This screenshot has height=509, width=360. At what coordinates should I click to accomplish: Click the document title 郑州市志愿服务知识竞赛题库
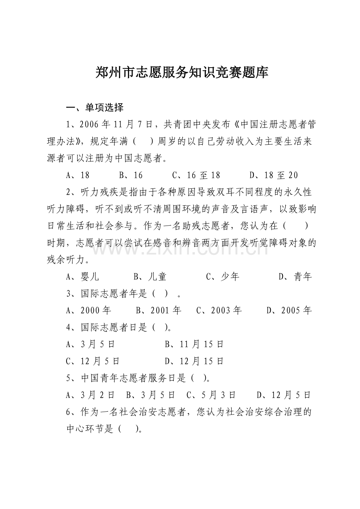click(x=182, y=73)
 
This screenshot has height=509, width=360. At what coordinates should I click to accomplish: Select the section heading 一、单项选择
click(x=95, y=107)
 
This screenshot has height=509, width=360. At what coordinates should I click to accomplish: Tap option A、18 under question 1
click(x=78, y=176)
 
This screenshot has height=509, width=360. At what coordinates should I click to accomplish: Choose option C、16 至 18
click(x=196, y=176)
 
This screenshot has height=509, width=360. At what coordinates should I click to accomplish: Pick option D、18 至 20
click(x=274, y=176)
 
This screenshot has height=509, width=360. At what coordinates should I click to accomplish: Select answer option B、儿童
click(x=150, y=277)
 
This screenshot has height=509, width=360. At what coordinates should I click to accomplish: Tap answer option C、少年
click(x=222, y=277)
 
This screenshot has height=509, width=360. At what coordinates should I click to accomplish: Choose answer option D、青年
click(x=295, y=277)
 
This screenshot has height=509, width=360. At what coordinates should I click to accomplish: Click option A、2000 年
click(x=89, y=310)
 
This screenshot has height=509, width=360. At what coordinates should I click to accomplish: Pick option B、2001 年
click(x=158, y=310)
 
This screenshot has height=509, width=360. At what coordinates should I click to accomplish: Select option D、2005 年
click(x=289, y=310)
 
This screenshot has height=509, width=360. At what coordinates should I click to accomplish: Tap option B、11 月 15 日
click(x=194, y=344)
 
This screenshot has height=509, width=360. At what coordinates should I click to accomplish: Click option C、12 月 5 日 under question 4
click(x=93, y=361)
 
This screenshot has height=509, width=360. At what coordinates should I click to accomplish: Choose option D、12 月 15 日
click(x=194, y=361)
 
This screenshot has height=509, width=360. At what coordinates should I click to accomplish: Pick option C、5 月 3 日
click(x=211, y=395)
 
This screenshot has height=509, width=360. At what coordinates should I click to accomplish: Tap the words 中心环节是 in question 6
click(x=90, y=429)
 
